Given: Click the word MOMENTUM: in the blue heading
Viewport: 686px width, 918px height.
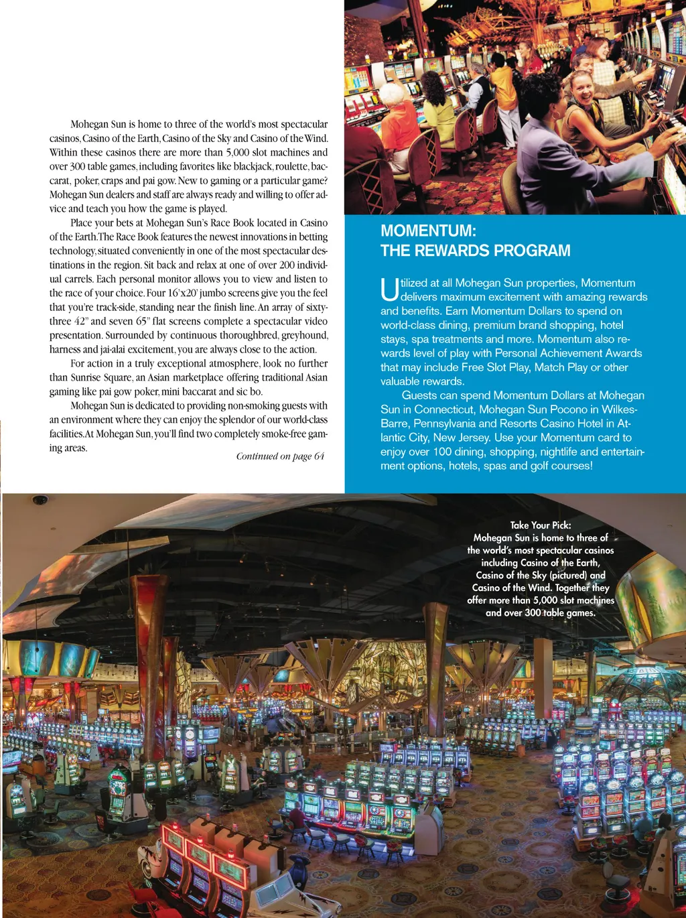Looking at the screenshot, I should click(x=428, y=231).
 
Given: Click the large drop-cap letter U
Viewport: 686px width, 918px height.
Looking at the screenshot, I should click(x=389, y=289).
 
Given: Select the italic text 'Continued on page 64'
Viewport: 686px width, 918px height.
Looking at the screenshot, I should click(x=280, y=456).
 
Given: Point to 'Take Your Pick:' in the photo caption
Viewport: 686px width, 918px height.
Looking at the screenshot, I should click(x=541, y=525).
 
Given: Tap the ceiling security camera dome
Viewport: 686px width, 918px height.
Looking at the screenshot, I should click(x=40, y=500).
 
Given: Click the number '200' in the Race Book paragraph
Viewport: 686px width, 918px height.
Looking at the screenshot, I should click(x=287, y=265).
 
